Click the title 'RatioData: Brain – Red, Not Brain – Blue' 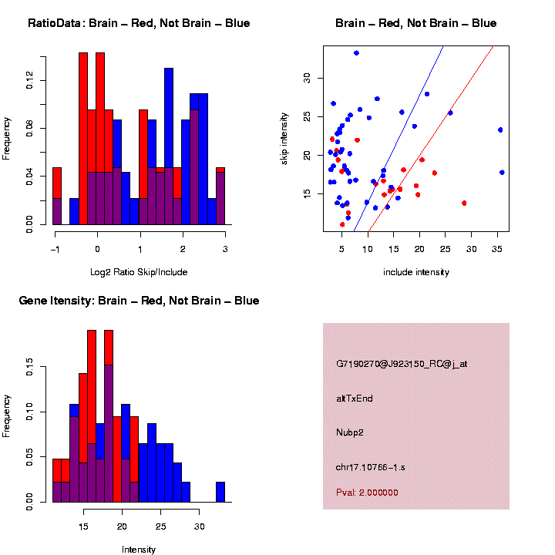point(139,23)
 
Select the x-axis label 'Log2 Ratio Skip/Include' point(139,272)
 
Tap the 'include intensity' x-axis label point(416,272)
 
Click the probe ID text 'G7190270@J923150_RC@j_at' point(402,363)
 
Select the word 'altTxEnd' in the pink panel point(355,398)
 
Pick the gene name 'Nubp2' point(349,432)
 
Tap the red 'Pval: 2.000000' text point(367,493)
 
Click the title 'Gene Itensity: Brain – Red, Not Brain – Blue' point(139,301)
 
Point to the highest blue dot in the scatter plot point(356,53)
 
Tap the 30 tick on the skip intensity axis point(306,77)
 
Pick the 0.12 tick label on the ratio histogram point(30,80)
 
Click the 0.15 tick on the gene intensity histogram point(30,371)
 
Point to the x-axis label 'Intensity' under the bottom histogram point(139,550)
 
